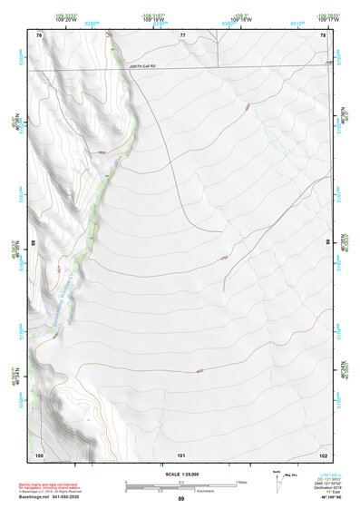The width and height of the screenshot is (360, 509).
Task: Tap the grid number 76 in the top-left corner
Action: (x=39, y=35)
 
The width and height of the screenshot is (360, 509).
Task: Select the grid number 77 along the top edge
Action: (x=182, y=35)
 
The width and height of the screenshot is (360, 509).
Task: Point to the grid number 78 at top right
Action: (x=323, y=35)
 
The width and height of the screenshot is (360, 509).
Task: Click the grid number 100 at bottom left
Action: (x=39, y=454)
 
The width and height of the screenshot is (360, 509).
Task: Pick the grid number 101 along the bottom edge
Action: (x=181, y=454)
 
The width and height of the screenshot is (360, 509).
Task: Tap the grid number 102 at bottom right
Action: (x=323, y=454)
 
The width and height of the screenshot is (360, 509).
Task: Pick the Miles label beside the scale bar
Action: (x=241, y=481)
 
